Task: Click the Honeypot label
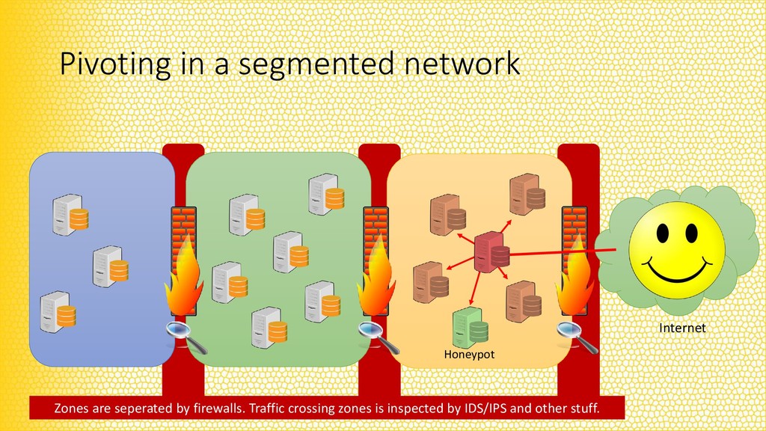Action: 469,354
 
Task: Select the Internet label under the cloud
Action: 681,328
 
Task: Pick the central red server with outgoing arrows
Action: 491,252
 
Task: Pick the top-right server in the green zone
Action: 326,194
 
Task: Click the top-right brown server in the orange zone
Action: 527,195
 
